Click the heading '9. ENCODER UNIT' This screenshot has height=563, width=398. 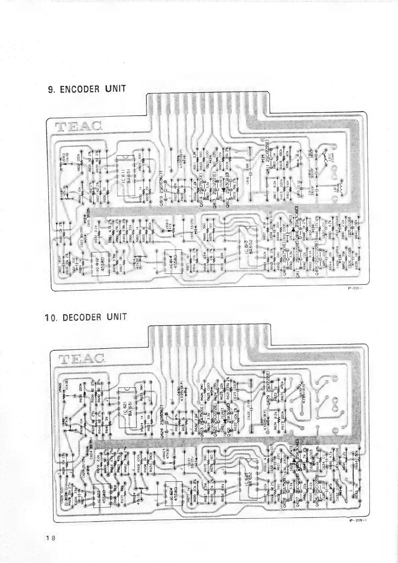(x=87, y=89)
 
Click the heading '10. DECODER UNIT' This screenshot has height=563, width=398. (x=86, y=317)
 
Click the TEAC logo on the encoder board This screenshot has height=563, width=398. (x=79, y=127)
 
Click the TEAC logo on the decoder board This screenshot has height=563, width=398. (x=81, y=358)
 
